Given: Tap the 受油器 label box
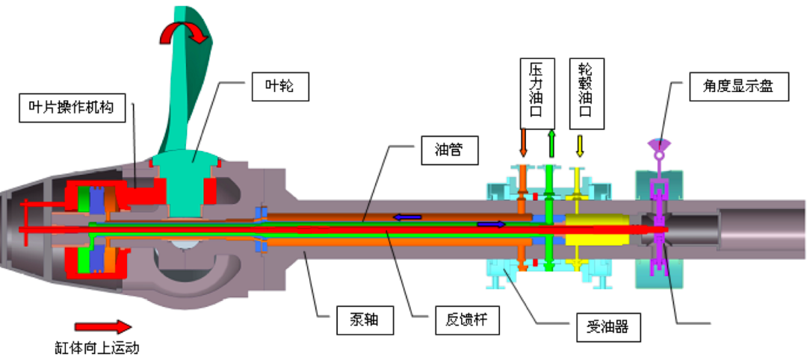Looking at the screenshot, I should tap(609, 326).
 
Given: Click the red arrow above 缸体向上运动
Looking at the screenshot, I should tap(102, 326).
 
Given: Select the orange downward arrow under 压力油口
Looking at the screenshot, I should tap(523, 142).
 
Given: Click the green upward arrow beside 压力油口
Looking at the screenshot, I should tap(551, 142).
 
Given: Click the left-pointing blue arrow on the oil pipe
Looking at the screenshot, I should tap(408, 217).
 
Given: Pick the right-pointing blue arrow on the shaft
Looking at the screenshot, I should tap(491, 223).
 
